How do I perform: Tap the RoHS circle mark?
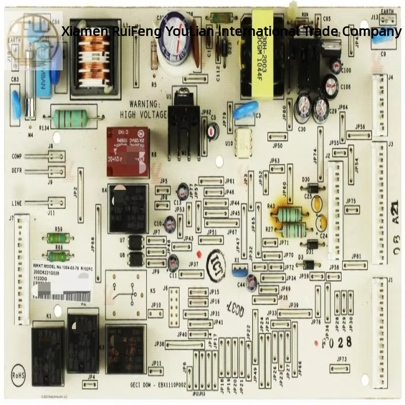19,376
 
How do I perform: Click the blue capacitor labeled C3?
246,110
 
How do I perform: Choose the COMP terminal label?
17,156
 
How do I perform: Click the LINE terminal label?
17,203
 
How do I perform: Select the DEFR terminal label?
17,171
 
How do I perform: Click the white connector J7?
21,268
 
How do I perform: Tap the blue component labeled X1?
239,271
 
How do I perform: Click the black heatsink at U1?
182,127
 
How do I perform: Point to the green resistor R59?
58,238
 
